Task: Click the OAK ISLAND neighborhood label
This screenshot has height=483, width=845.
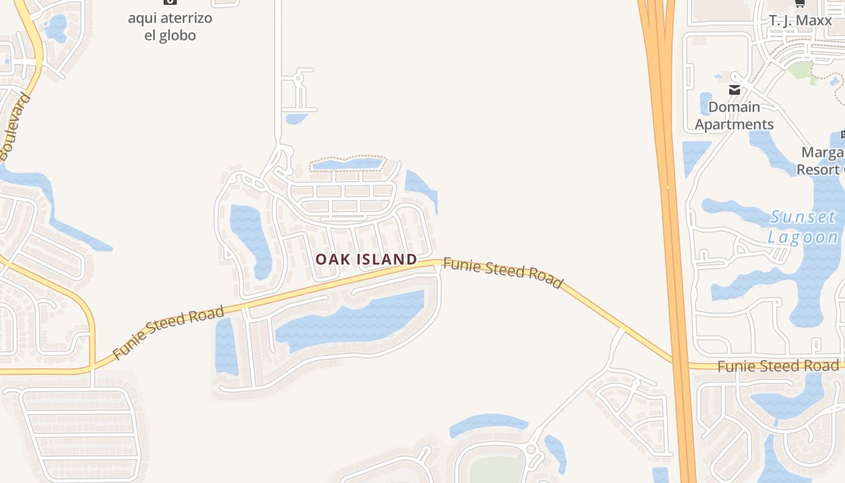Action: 366,260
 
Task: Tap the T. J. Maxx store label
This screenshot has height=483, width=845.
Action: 800,21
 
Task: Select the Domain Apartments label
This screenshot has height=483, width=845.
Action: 734,115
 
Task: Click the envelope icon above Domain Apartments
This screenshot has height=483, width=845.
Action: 735,90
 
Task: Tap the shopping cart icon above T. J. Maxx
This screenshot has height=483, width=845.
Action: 800,3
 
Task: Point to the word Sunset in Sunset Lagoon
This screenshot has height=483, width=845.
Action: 803,217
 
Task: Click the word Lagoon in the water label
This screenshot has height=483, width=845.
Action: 803,237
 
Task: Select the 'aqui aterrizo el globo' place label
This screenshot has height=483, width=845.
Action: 170,27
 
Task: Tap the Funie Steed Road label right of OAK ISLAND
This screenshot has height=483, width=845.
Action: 503,273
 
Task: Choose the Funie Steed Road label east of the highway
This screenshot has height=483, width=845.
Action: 778,366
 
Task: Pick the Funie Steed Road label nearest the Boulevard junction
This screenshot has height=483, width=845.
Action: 168,332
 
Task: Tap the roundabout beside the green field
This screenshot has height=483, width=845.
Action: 531,449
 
